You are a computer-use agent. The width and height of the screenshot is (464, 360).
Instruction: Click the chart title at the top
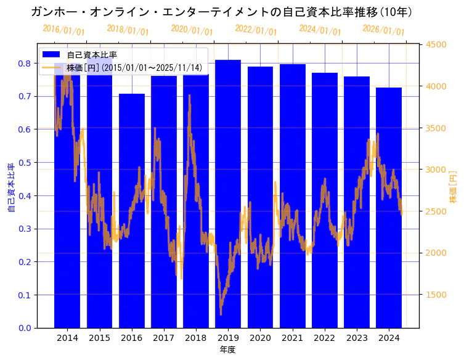click(221, 12)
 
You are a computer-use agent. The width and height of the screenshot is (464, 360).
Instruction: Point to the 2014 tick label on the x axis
click(67, 338)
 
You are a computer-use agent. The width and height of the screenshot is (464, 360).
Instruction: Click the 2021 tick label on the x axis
click(292, 338)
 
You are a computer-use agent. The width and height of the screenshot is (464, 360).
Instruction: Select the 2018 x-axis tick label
click(196, 338)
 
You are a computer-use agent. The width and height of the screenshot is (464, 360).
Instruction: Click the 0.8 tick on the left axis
click(25, 63)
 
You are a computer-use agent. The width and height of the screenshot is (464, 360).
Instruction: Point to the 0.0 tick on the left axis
click(25, 328)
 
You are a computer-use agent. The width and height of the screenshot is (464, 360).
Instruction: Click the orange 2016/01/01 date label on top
click(63, 30)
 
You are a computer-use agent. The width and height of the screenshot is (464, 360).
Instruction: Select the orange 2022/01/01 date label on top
click(256, 30)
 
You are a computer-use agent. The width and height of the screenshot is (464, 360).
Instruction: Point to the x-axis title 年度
click(227, 350)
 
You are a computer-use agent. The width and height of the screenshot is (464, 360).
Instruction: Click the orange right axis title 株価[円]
click(453, 187)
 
